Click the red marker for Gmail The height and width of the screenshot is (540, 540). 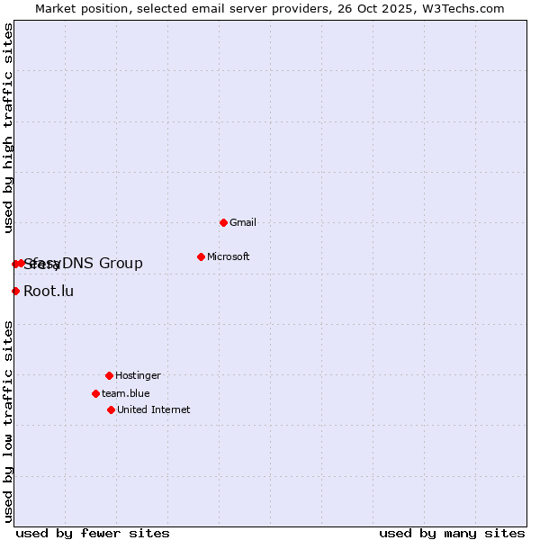coord(223,222)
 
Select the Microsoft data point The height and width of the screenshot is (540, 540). coord(201,256)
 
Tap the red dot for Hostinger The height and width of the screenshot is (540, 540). coord(109,375)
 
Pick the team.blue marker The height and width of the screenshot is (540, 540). coord(95,393)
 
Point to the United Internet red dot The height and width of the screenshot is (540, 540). coord(111,409)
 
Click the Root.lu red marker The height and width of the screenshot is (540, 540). coord(15,291)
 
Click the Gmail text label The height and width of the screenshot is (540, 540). coord(243,222)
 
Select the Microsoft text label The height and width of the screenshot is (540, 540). coord(228,256)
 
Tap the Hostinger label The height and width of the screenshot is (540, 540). coord(138,375)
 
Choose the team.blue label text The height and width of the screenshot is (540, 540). coord(125,393)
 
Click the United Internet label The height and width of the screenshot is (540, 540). coord(153,409)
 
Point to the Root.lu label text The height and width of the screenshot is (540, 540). coord(49,291)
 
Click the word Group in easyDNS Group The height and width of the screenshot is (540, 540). coord(121,263)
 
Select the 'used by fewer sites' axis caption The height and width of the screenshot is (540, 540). coord(93,533)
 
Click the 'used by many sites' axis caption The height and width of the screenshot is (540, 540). coord(452,533)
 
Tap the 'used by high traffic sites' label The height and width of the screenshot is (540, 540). coord(8,128)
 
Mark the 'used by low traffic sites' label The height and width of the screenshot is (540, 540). coord(8,421)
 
